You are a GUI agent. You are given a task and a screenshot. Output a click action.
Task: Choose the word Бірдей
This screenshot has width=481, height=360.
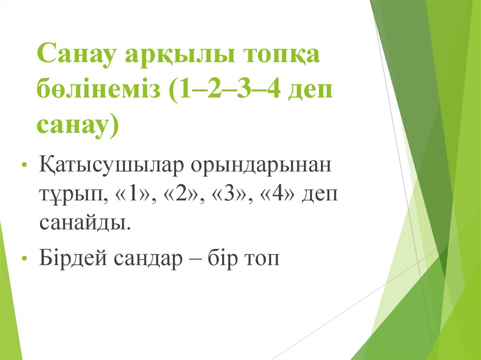(x=72, y=258)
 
